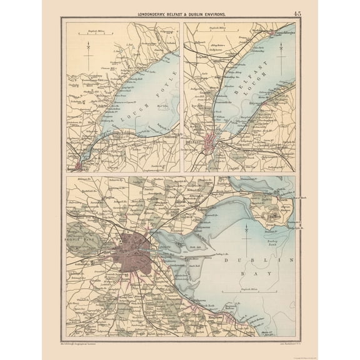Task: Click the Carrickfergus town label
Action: point(282,29)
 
